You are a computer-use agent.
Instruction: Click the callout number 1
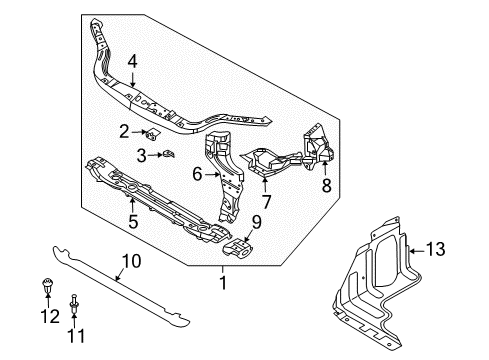pos(224,283)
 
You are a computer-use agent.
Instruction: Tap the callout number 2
pos(125,130)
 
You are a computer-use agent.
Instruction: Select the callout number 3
pos(142,154)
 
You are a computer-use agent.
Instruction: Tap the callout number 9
pos(256,223)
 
